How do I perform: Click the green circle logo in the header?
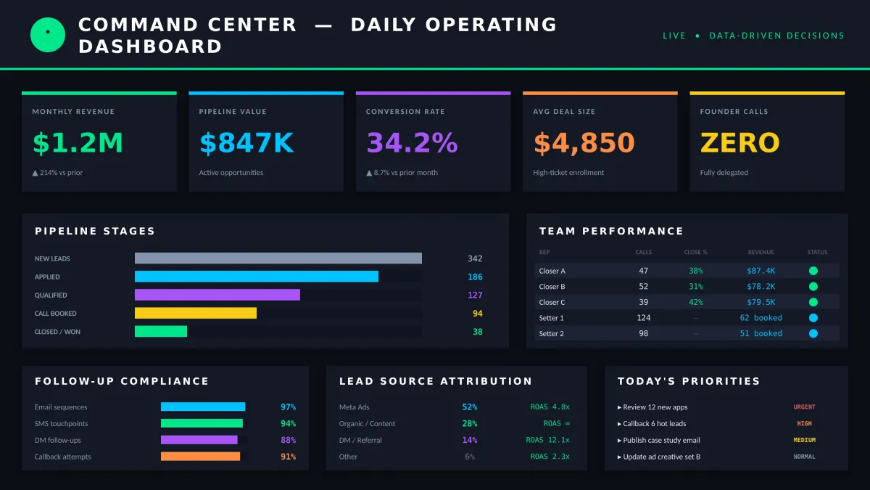(48, 35)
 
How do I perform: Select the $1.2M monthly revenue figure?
(78, 143)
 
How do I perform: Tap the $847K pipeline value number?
(246, 143)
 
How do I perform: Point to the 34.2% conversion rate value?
(412, 143)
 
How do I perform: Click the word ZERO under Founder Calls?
(739, 143)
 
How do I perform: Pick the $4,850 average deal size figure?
(584, 143)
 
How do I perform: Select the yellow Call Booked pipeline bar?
(196, 313)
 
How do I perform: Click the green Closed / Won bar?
(161, 331)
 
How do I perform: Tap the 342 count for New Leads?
(475, 258)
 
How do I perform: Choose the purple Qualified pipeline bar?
(217, 295)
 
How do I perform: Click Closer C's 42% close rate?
(695, 302)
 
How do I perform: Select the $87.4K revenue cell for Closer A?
(761, 271)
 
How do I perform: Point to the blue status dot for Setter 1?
(813, 318)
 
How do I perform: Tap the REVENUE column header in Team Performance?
(761, 252)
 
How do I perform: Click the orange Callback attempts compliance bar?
(200, 457)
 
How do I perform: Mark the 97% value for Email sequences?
(288, 407)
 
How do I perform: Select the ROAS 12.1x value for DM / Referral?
(547, 440)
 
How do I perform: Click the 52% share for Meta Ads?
(469, 407)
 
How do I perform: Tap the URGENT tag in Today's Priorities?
(804, 407)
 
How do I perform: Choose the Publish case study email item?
(661, 440)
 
